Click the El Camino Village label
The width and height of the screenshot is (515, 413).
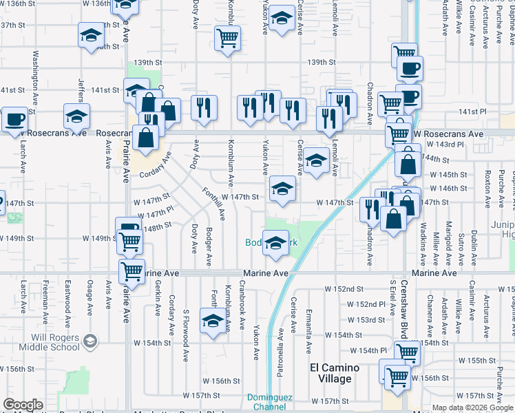pos(335,373)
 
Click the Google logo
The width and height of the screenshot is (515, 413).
pos(23,405)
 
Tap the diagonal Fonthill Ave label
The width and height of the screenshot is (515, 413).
pos(213,204)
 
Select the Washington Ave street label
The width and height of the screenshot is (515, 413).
pos(34,74)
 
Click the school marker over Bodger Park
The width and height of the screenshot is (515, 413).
pos(275,243)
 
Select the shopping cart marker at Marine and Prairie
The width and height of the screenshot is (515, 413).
pos(132,271)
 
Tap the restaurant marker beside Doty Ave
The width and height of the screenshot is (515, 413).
pos(204,108)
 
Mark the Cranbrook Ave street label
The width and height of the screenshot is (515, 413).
pos(242,295)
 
